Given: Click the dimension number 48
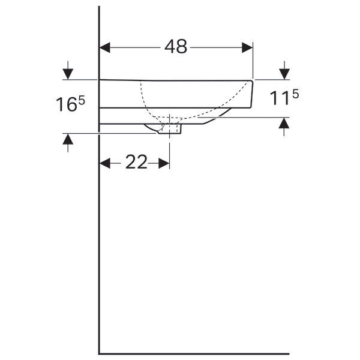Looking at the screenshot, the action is (x=176, y=47).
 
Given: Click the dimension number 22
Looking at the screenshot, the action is (x=136, y=162).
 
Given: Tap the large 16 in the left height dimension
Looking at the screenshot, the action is (x=67, y=104).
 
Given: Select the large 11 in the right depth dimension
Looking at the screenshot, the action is (x=280, y=98).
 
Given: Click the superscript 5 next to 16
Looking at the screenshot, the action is (x=82, y=100).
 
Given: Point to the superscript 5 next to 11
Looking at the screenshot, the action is (x=296, y=94).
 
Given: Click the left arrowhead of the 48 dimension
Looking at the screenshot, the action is (x=104, y=47).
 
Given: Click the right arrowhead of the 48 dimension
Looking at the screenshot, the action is (x=247, y=47).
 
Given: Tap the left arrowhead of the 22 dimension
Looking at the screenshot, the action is (x=105, y=163).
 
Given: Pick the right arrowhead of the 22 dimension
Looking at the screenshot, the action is (x=164, y=163).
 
